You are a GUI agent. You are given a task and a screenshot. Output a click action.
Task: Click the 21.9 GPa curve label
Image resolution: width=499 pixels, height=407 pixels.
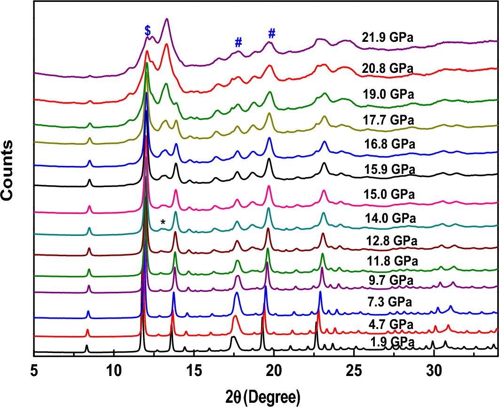(x=387, y=38)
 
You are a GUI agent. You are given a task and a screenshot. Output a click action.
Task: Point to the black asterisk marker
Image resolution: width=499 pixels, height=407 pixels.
(x=163, y=222)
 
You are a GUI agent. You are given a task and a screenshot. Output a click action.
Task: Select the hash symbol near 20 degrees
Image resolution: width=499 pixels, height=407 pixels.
(x=271, y=33)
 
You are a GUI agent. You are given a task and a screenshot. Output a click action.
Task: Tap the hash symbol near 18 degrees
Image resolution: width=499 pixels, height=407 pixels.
(x=238, y=42)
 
